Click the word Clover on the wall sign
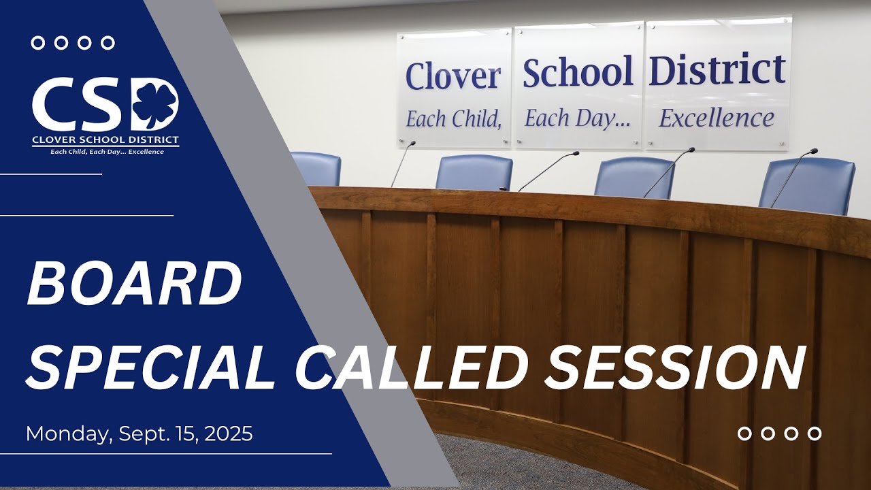coord(453,76)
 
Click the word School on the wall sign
coord(578,72)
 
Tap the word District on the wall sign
coord(717,69)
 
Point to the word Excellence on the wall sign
coord(717,118)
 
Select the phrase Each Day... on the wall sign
coord(578,119)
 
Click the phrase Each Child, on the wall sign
coord(453,119)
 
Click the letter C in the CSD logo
coord(55,105)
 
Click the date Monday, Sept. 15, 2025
coord(139,434)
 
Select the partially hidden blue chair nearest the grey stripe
coord(317,169)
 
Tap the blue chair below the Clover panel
coord(474,172)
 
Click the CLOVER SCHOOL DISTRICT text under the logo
coord(105,140)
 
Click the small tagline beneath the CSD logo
coord(107,152)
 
